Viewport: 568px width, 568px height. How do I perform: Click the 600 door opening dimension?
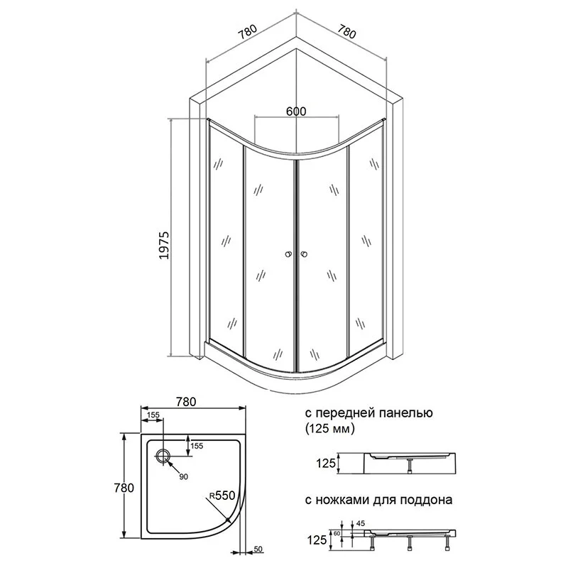coord(296,111)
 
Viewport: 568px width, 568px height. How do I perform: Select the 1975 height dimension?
coord(165,245)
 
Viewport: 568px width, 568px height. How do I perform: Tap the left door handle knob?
coord(288,254)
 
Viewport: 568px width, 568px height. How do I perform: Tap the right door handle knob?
coord(305,254)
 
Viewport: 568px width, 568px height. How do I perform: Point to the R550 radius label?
coord(222,495)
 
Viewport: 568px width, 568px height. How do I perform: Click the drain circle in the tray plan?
coord(163,456)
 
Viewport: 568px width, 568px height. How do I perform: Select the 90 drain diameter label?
coord(184,476)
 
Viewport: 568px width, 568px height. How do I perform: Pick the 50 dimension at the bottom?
coord(258,549)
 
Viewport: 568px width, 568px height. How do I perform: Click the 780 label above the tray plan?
coord(186,402)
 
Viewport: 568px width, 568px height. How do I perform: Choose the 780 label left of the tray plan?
coord(124,488)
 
